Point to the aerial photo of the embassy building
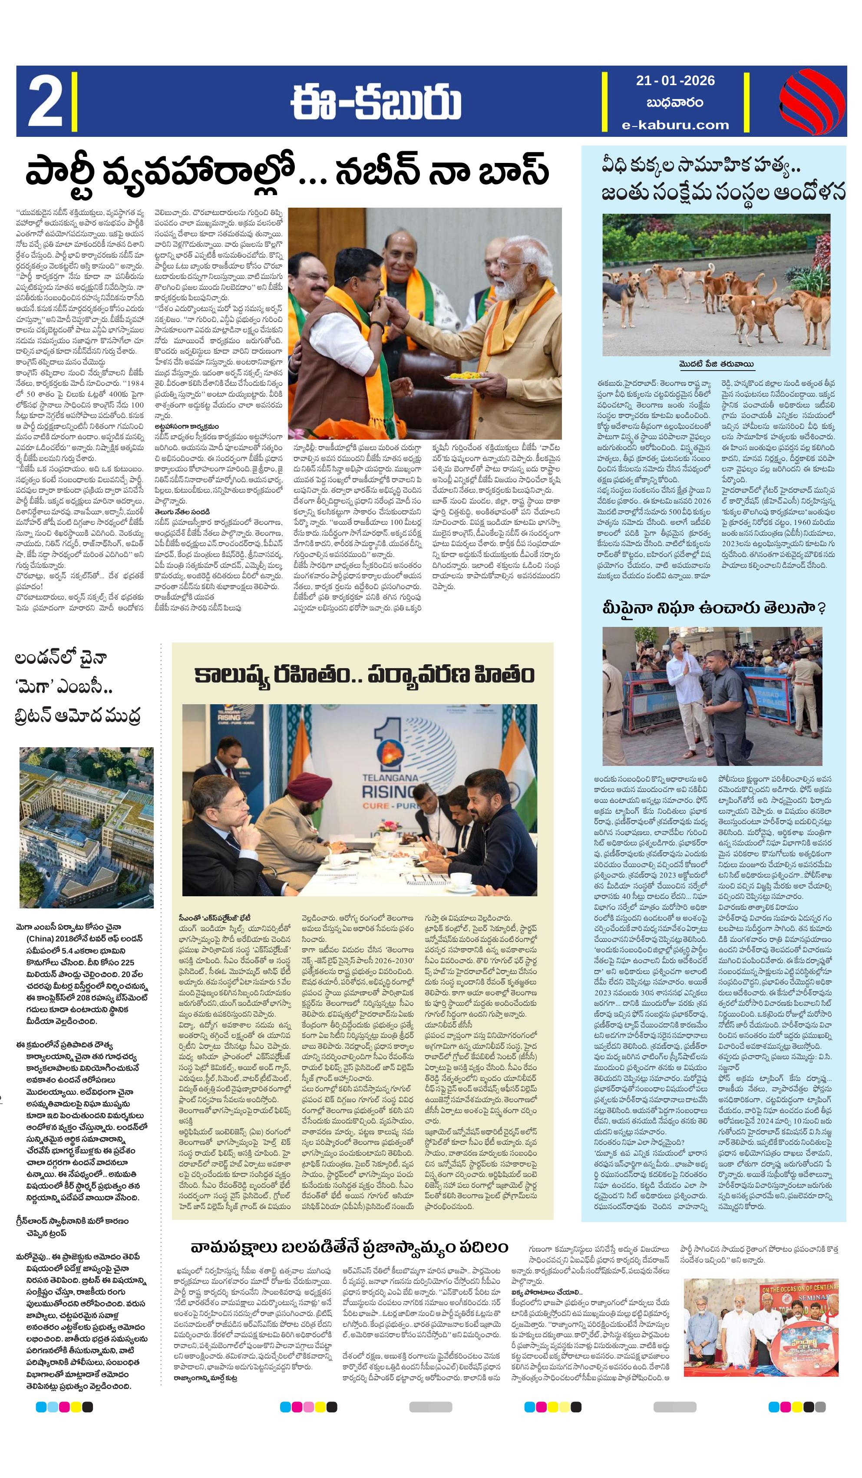click(x=86, y=828)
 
